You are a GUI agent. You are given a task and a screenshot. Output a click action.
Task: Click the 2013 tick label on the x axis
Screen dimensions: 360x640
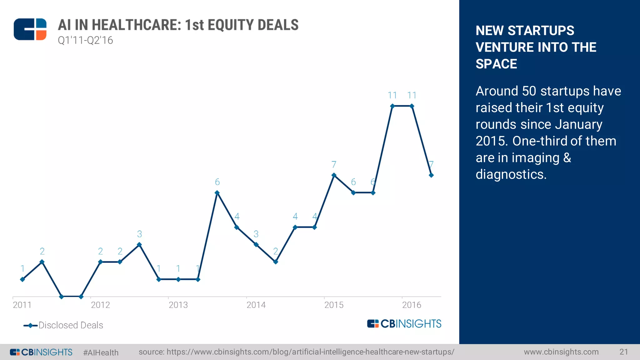point(178,305)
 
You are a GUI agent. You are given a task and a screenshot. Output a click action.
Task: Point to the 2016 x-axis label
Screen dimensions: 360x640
point(412,305)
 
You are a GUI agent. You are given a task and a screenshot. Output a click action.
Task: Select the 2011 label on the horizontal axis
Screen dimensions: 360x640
point(22,305)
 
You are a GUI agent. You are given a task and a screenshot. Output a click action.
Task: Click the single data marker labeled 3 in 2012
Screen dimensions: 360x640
point(139,245)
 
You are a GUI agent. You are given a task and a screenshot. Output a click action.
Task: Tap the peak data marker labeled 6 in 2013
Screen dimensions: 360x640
point(217,193)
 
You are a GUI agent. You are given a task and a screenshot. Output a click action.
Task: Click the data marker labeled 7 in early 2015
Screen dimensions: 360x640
point(334,175)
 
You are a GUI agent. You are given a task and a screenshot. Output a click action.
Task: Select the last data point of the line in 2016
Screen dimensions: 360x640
point(431,175)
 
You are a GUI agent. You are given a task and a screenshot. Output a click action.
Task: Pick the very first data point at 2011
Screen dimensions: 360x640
point(22,279)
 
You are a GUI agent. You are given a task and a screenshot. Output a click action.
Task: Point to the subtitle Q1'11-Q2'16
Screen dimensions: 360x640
point(85,41)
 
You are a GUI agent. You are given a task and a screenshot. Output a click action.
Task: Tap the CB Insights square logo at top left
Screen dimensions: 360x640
point(30,29)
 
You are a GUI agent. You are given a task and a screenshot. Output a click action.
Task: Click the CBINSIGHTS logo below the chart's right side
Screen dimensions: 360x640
point(404,324)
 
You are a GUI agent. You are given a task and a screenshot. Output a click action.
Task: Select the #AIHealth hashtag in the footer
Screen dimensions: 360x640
point(101,352)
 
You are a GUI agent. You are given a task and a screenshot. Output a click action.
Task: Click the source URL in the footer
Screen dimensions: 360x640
point(296,352)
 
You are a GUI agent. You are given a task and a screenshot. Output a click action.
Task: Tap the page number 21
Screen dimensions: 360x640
point(623,352)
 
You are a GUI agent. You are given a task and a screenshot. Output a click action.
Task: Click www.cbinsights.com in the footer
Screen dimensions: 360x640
point(561,352)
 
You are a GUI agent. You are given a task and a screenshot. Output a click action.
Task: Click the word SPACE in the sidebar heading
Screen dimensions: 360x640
point(496,64)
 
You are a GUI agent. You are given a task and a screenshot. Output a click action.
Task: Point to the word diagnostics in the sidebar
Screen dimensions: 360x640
point(510,174)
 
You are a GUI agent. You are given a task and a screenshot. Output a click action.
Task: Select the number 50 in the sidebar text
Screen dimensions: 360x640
point(529,91)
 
